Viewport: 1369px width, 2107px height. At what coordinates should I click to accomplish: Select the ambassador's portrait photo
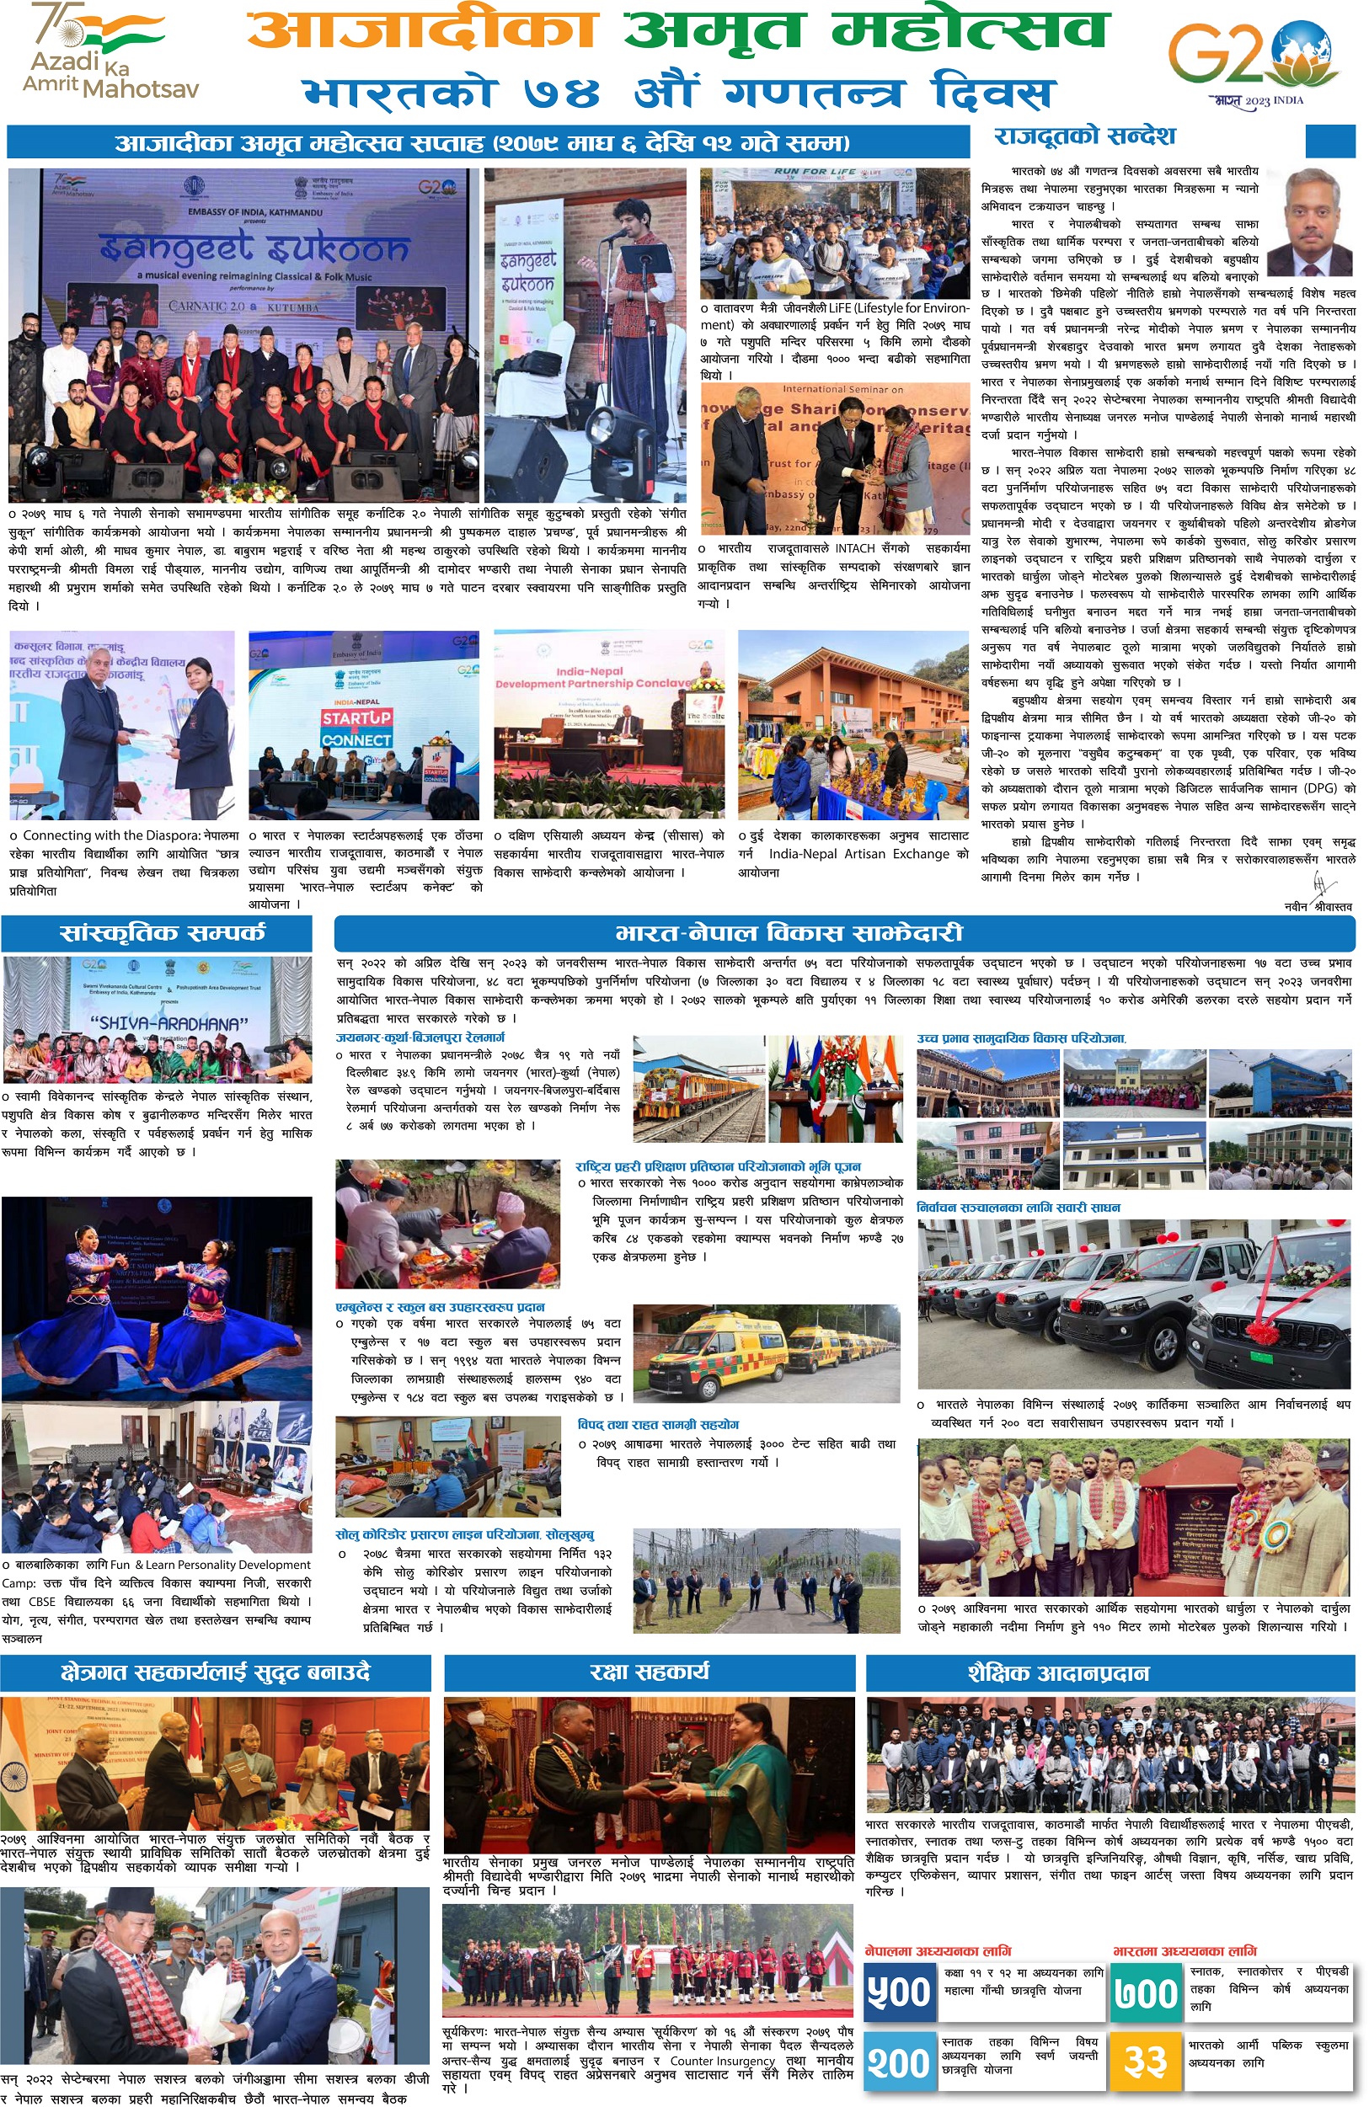click(1310, 222)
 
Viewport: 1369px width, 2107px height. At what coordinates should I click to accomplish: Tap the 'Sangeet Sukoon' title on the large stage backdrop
click(254, 249)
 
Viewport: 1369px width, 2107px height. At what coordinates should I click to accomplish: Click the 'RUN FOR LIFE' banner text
click(815, 172)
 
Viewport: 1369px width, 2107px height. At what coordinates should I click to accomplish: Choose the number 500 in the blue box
click(900, 1992)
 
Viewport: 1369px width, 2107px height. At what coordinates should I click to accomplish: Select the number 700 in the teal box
click(1147, 1992)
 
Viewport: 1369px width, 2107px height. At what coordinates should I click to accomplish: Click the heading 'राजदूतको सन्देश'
click(1084, 136)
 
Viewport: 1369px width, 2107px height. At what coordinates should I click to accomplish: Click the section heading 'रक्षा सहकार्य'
click(649, 1672)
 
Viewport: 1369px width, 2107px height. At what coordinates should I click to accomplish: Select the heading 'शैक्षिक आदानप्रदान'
click(1058, 1672)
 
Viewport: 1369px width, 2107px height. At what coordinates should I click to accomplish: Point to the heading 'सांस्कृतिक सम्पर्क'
click(162, 933)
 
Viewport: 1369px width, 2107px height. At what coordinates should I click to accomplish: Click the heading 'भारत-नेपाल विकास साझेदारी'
click(788, 933)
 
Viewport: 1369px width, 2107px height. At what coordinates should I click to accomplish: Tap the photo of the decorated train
click(699, 1089)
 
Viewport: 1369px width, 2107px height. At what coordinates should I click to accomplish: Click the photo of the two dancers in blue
click(157, 1297)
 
